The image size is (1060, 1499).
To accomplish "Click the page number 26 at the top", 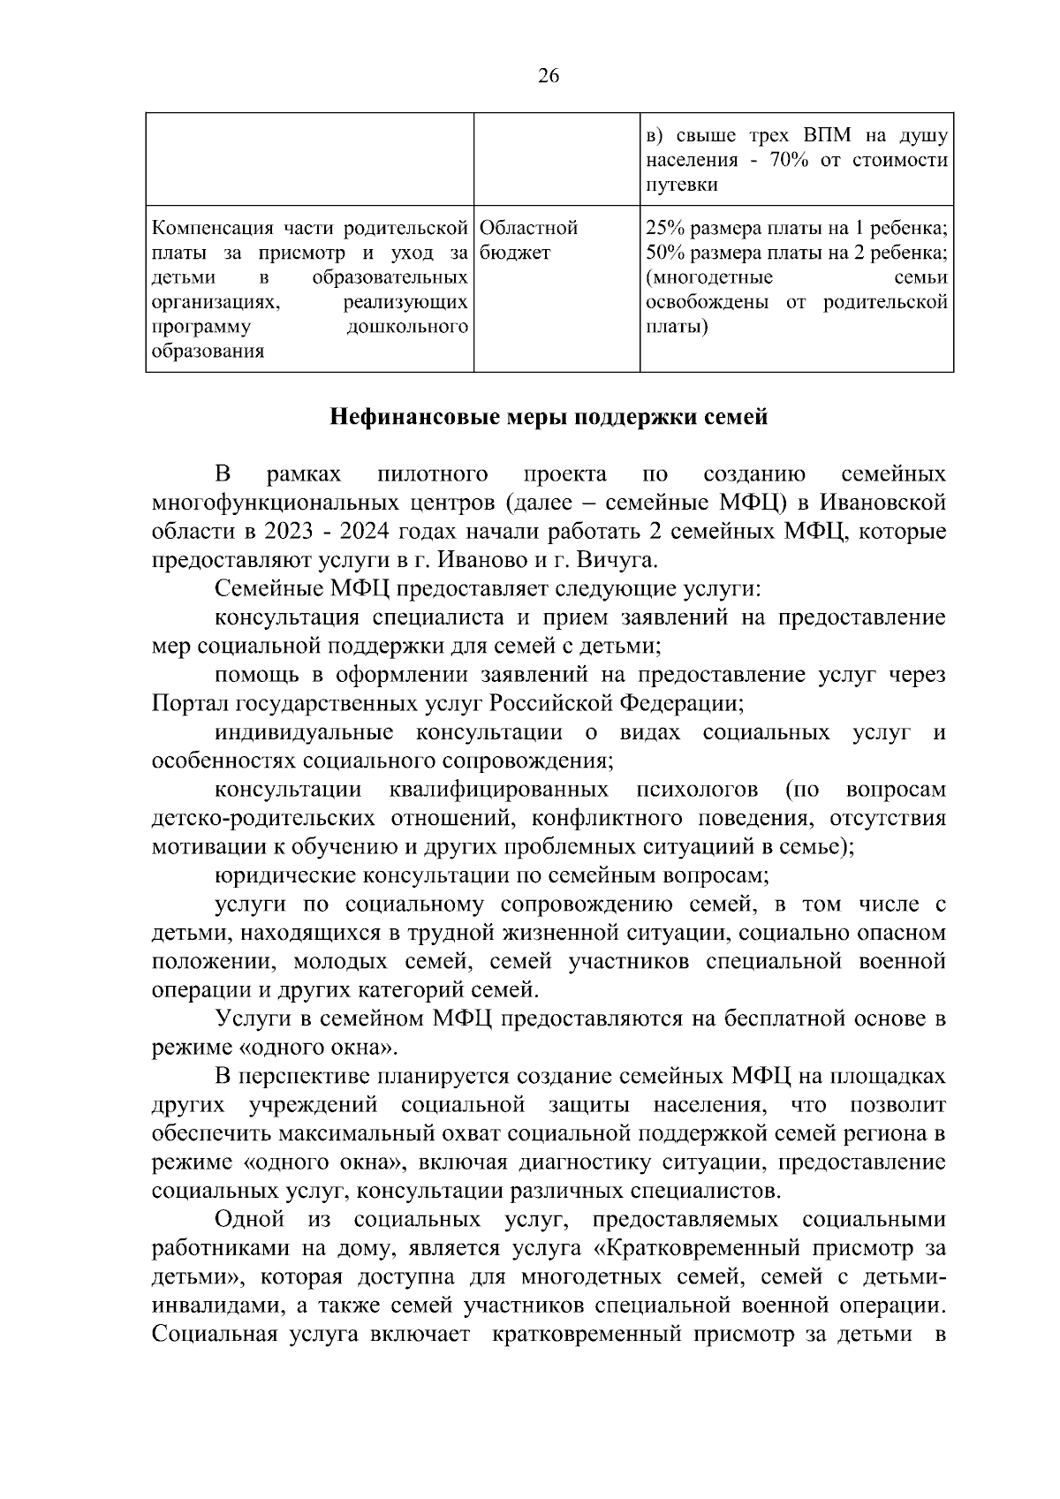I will [548, 77].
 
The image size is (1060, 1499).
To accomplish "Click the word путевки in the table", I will [681, 185].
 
